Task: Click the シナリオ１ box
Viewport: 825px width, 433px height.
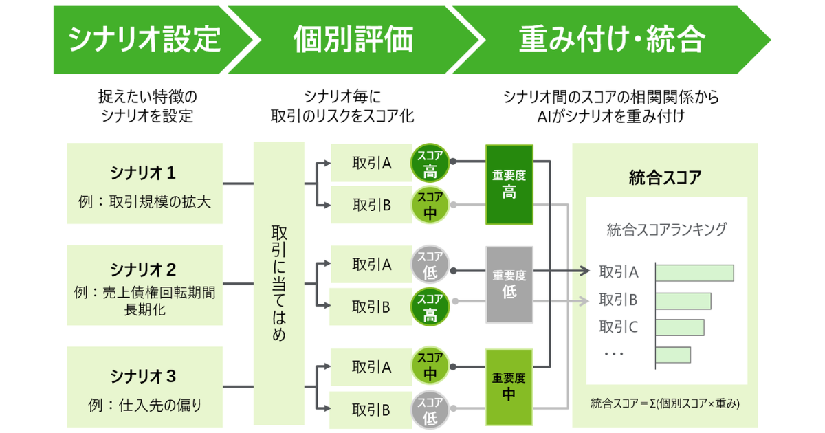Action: (x=144, y=184)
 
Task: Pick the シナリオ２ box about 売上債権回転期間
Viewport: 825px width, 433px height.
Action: (x=144, y=285)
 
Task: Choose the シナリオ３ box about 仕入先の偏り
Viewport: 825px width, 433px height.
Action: (x=144, y=387)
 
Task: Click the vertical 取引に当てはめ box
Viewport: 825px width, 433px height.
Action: (x=278, y=285)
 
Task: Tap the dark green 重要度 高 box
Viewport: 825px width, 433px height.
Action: (x=509, y=184)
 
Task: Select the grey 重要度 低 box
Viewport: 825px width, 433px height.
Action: (x=509, y=285)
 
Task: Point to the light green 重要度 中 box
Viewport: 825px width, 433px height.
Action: (x=509, y=387)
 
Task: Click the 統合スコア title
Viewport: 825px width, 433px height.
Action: (x=665, y=177)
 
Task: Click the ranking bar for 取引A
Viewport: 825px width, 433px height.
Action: (x=694, y=272)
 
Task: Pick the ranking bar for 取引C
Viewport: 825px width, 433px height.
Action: (x=680, y=327)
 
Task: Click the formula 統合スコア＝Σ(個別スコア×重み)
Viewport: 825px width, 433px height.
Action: (x=665, y=404)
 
